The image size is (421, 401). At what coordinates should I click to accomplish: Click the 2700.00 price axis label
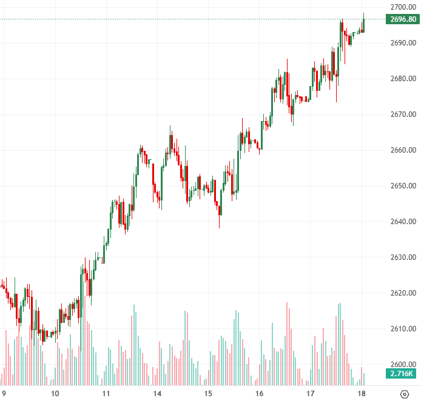pos(403,7)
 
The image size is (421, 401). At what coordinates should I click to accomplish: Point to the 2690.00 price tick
pos(403,43)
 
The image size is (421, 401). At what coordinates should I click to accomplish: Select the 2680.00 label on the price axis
pos(403,79)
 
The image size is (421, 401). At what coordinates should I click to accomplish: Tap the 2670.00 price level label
pos(403,114)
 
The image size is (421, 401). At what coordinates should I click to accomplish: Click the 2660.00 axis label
pos(403,150)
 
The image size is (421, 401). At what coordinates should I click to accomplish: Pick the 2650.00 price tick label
pos(403,186)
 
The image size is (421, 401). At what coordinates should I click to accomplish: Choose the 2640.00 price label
pos(403,222)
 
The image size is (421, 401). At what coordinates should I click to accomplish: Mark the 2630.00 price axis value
pos(403,257)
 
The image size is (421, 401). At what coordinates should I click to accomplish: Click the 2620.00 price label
pos(403,293)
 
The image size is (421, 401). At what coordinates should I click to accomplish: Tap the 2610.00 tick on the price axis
pos(403,329)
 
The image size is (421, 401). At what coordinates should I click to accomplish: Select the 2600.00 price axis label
pos(403,365)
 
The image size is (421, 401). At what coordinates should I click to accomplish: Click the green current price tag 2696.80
pos(403,19)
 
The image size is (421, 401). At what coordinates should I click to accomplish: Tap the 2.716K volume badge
pos(402,374)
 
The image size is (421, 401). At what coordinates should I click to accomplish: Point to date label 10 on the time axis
pos(55,394)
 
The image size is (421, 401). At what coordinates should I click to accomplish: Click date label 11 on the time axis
pos(106,394)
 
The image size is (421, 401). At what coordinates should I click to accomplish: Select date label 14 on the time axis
pos(157,394)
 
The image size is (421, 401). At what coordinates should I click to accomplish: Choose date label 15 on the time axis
pos(208,394)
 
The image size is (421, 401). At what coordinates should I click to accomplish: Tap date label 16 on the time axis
pos(259,394)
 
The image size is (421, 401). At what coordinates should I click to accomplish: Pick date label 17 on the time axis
pos(310,394)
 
